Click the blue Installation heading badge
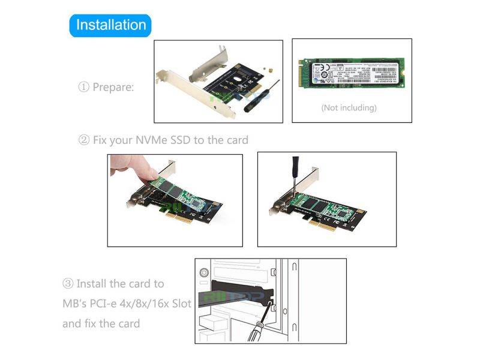coord(110,25)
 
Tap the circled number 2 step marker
coord(83,140)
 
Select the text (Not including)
coord(349,108)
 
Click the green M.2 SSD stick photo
coord(352,76)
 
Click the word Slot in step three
coord(179,304)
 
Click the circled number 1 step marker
coord(83,88)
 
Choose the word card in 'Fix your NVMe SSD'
coord(236,140)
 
